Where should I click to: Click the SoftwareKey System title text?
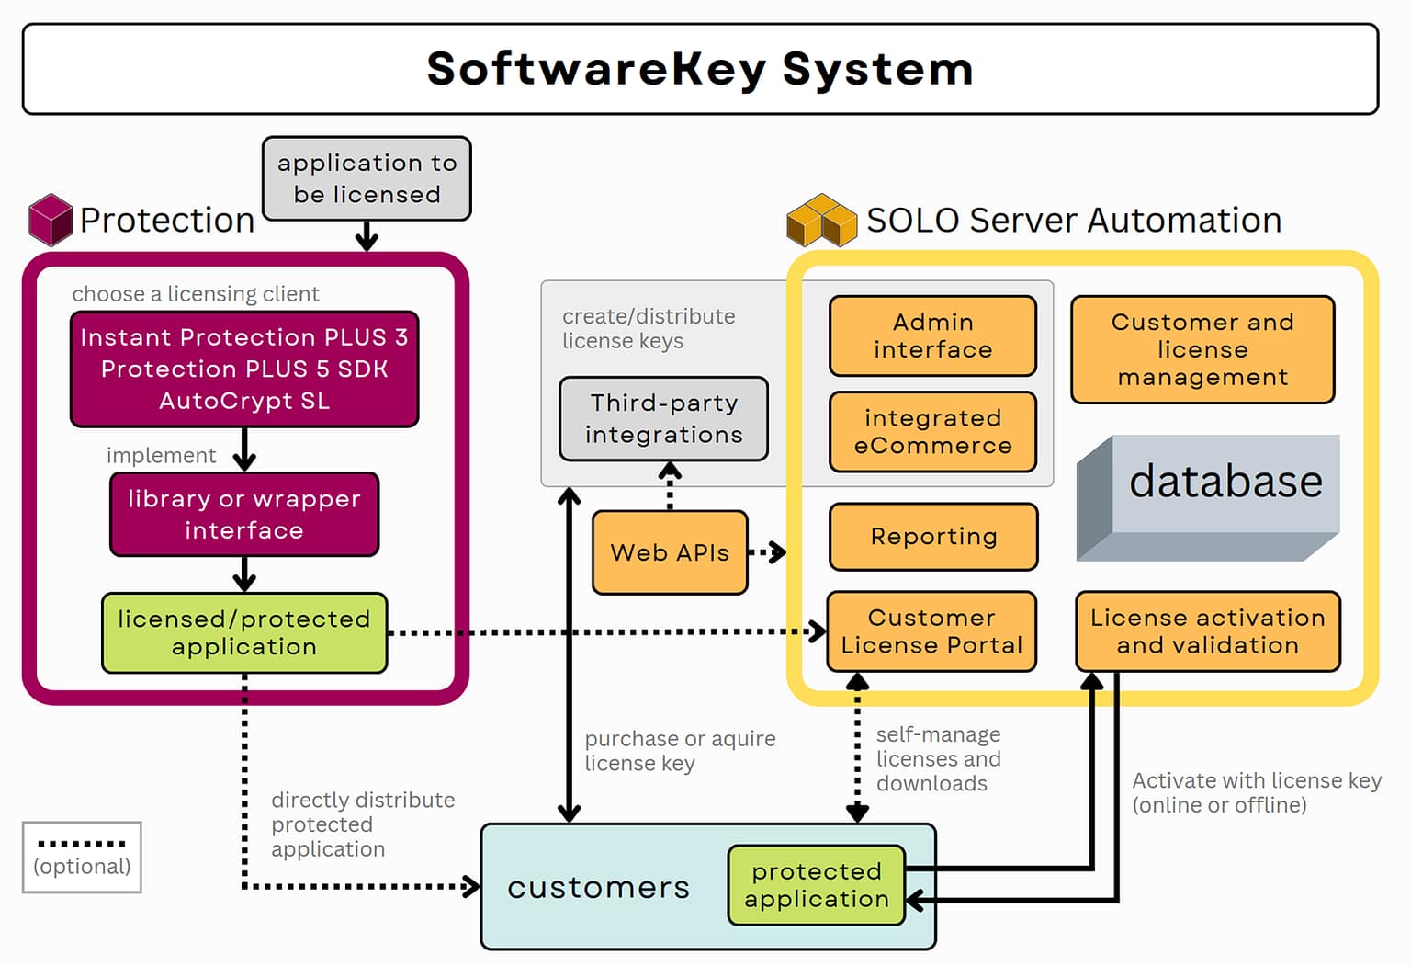699,69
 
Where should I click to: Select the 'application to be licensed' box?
367,178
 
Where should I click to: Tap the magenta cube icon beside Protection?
50,220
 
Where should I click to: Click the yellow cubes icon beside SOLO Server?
820,221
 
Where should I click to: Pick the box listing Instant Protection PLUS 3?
244,369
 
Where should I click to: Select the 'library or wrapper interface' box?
244,515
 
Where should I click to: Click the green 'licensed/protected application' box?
244,632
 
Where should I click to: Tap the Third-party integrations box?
663,419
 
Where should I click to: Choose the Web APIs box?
670,552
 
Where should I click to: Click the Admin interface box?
932,335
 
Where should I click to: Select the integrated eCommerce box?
932,432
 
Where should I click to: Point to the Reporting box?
933,537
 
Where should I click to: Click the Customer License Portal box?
931,631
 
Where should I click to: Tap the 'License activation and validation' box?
1207,631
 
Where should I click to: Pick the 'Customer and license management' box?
1202,349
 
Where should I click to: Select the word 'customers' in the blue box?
598,887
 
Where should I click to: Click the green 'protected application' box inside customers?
816,885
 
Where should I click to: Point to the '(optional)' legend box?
82,857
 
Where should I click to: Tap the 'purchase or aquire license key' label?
680,751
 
